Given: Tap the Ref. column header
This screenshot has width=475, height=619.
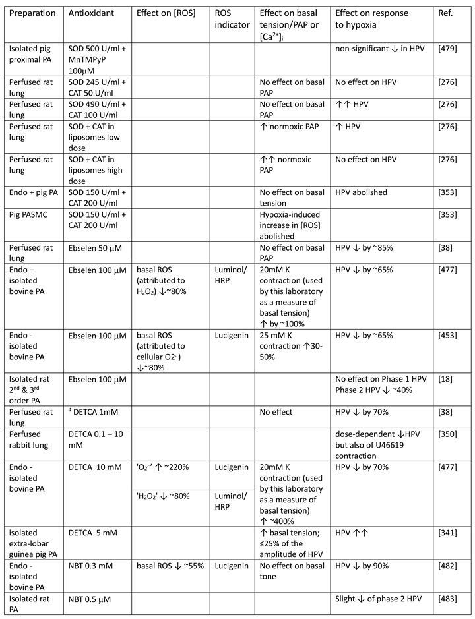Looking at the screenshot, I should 445,13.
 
